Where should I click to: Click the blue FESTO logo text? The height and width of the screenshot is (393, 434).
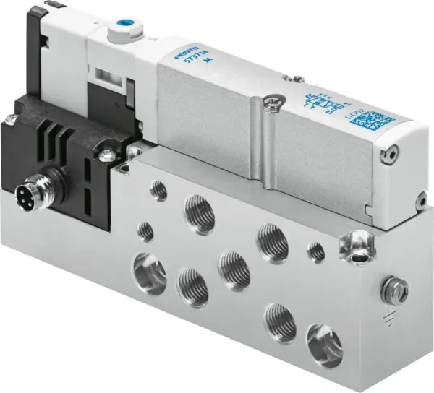click(x=168, y=53)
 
